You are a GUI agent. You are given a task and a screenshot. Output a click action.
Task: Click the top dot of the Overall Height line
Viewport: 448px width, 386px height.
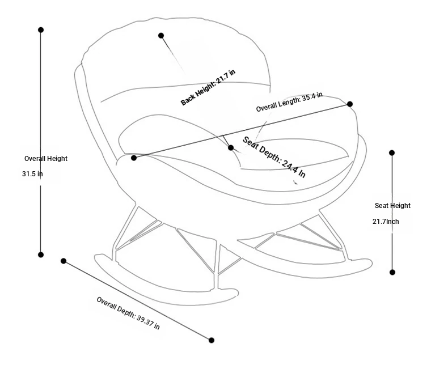coord(41,29)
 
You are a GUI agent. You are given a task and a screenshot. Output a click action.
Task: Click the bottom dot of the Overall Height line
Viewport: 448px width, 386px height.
coord(41,254)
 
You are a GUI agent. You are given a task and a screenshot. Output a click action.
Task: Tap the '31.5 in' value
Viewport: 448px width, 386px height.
coord(32,173)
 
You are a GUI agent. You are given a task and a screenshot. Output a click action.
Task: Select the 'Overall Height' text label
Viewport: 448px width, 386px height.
coord(46,159)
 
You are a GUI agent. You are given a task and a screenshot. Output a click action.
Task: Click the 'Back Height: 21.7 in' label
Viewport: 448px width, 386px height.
coord(208,87)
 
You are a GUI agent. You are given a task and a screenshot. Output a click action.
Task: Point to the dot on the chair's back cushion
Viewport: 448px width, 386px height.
coord(161,35)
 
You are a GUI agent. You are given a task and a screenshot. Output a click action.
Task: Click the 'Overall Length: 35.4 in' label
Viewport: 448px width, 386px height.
coord(289,101)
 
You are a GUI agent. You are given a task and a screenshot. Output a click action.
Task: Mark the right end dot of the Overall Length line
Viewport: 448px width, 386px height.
coord(350,104)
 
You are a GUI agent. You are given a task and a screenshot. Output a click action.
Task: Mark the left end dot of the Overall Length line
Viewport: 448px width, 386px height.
coord(134,158)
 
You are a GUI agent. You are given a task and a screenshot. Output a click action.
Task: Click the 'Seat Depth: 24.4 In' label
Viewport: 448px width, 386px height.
coord(274,157)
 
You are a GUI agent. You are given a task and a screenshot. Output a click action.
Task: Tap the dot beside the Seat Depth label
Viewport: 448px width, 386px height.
coord(231,147)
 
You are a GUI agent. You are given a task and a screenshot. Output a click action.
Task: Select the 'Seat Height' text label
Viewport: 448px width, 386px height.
coord(392,206)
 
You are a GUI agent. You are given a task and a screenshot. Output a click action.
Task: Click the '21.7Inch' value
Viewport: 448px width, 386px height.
coord(386,222)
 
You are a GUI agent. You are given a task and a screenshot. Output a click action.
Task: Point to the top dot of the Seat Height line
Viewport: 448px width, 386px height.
coord(392,152)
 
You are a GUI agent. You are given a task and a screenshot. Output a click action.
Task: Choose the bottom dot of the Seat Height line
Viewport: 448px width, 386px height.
coord(392,273)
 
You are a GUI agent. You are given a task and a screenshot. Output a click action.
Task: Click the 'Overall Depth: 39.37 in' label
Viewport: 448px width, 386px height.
coord(128,313)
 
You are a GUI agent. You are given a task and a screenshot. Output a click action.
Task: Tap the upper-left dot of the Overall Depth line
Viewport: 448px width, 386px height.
coord(64,261)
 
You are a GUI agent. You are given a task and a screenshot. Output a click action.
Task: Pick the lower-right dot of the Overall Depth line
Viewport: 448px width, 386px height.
coord(212,340)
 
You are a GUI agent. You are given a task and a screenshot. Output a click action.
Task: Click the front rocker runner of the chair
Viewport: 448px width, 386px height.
coord(166,296)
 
